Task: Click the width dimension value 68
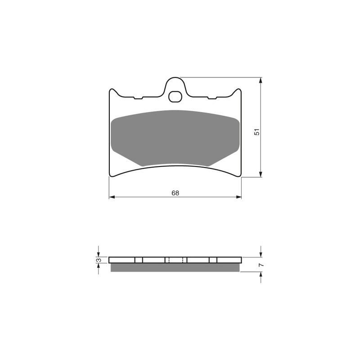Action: point(175,193)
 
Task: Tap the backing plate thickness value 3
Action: point(99,260)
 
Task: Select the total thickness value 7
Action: point(261,265)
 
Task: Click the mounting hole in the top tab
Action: point(175,97)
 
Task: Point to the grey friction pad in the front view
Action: point(175,138)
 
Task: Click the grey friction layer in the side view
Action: point(175,267)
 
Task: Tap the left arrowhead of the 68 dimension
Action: point(112,197)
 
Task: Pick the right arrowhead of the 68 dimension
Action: point(239,197)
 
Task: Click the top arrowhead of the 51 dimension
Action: point(261,81)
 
